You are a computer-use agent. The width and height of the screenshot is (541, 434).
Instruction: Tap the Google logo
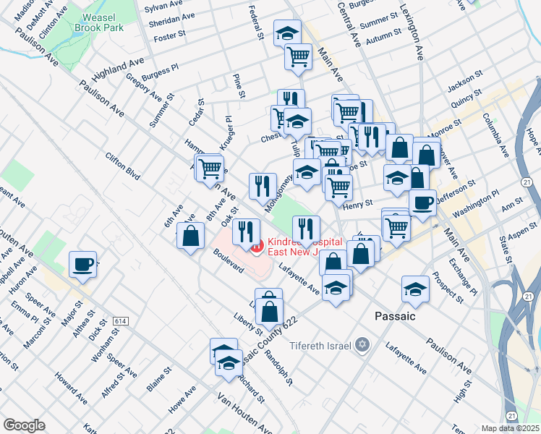point(24,425)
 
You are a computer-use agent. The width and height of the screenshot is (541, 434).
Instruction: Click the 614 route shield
point(120,320)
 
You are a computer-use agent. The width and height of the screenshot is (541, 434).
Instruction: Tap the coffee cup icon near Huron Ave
point(82,264)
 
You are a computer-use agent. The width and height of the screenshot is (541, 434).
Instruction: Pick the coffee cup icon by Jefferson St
point(422,202)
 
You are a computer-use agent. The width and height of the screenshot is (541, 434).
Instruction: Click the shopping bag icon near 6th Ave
point(190,236)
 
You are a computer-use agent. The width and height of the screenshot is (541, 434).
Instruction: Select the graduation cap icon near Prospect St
point(415,289)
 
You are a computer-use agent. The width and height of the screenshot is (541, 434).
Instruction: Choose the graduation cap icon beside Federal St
point(287,33)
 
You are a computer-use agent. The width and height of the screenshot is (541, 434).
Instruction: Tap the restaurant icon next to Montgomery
point(263,186)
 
